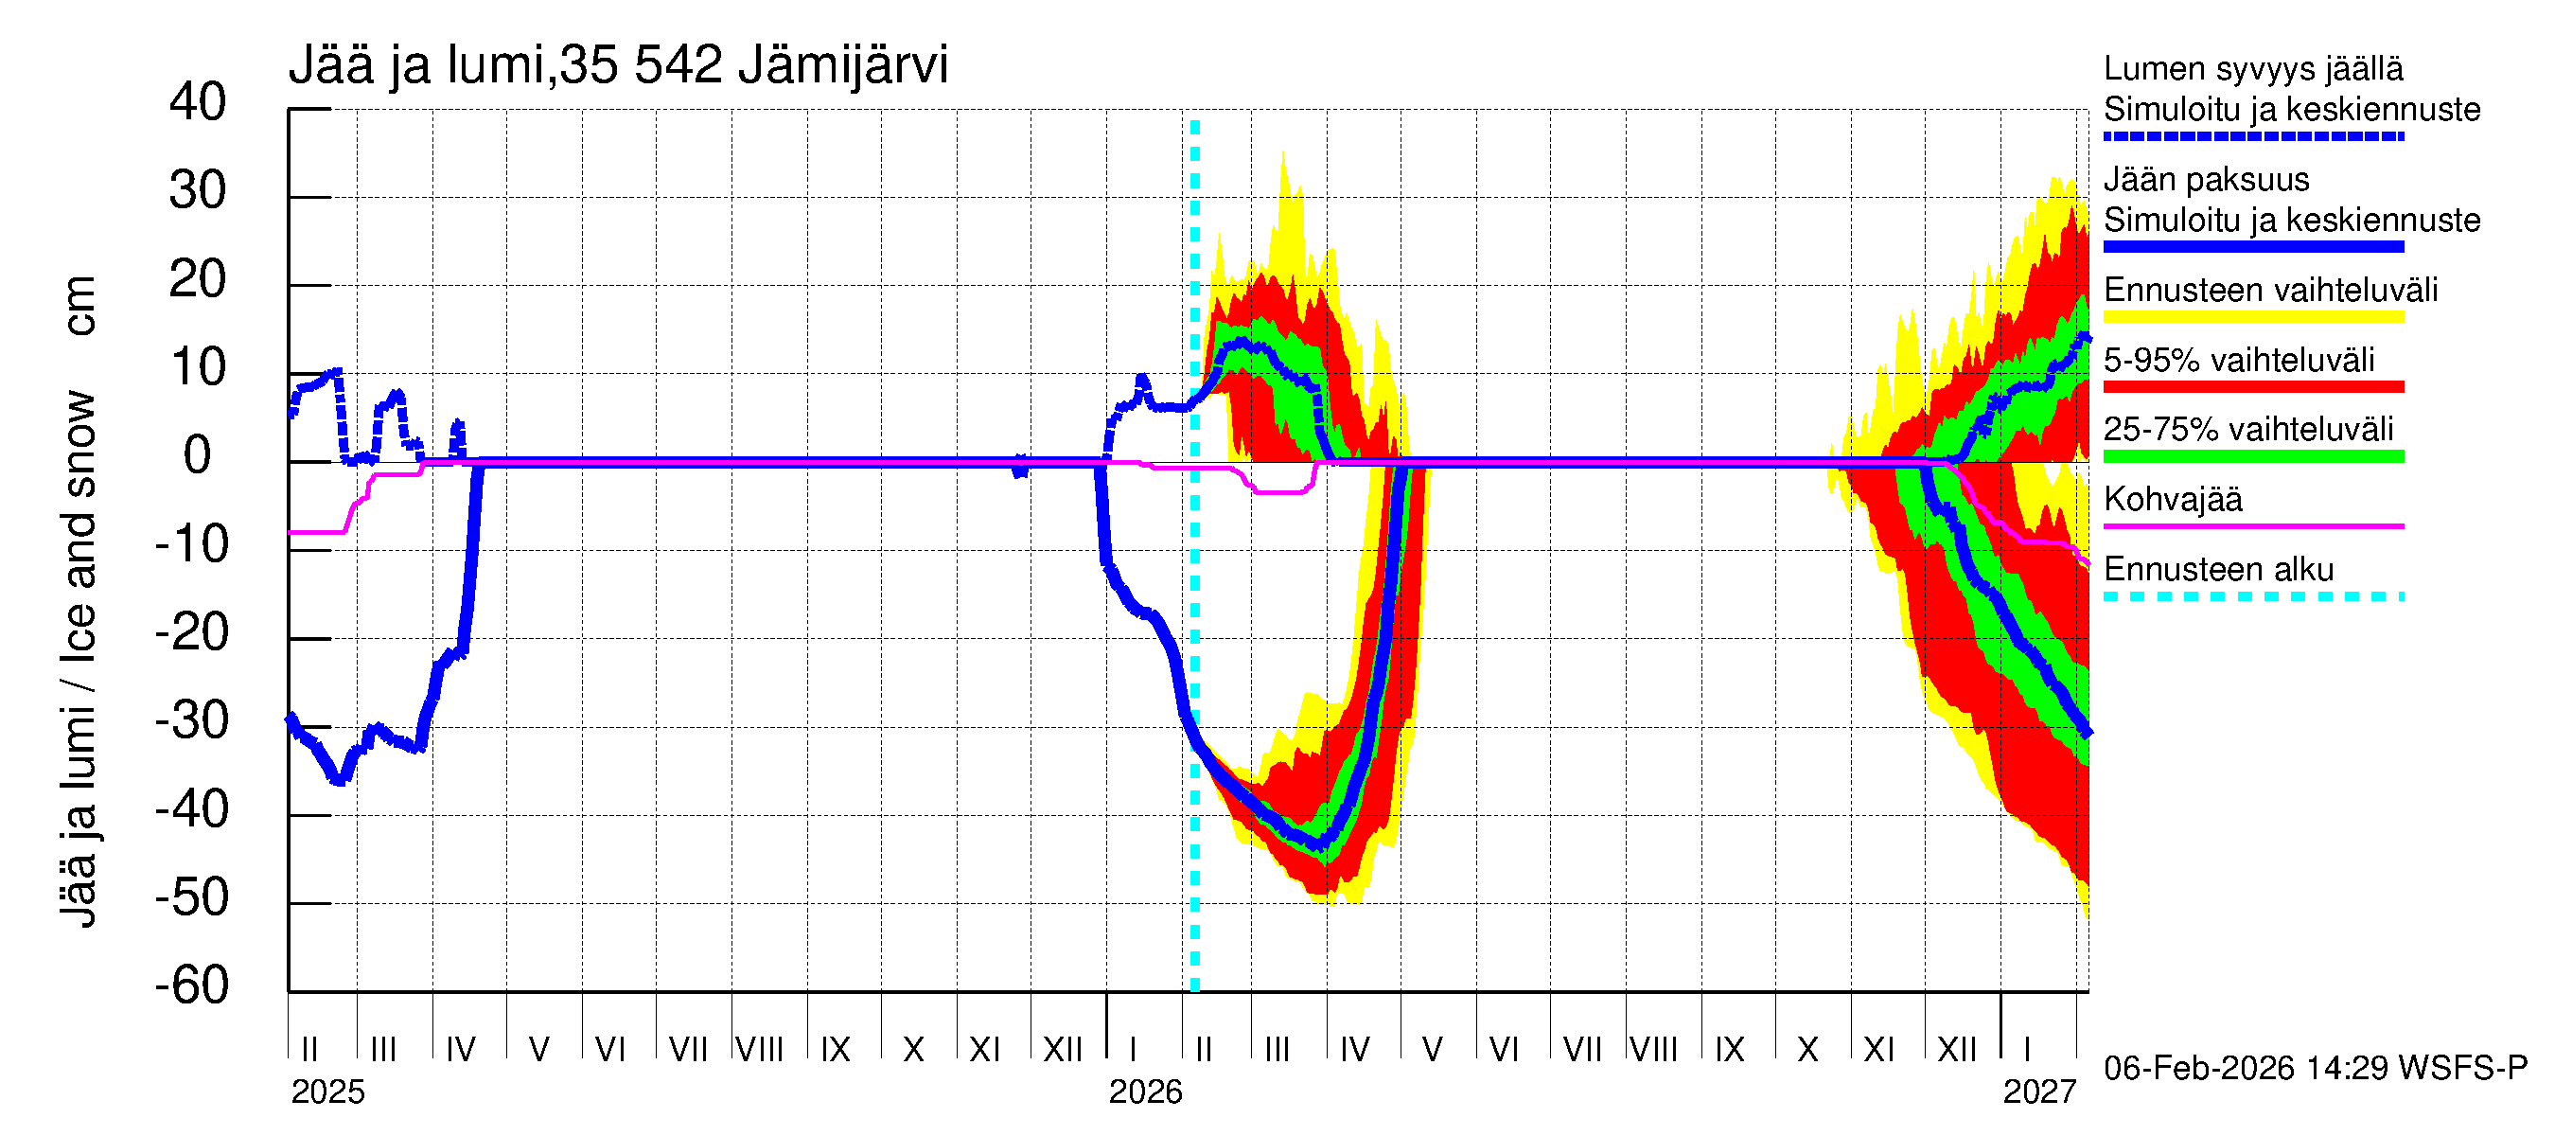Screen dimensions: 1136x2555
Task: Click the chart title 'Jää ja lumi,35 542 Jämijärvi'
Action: coord(617,65)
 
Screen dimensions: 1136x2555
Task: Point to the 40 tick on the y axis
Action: coord(198,102)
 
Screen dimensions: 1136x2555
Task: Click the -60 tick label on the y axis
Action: coord(191,985)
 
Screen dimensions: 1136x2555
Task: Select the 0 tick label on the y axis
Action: coord(198,455)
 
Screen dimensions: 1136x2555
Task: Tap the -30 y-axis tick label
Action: coord(191,720)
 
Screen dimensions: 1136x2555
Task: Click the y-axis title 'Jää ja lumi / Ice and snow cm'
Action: coord(79,600)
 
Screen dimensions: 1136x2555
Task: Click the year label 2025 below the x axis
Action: coord(327,1092)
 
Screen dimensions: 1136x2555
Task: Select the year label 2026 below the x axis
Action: coord(1145,1092)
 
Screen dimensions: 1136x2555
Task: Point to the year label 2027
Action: coord(2038,1092)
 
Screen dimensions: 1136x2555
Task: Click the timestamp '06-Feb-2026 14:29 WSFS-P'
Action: coord(2315,1069)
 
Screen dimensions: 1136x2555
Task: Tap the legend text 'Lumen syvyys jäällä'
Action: coord(2252,68)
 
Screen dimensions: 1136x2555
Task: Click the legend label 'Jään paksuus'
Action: coord(2206,180)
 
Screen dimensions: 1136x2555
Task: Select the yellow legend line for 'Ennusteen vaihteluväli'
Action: coord(2252,317)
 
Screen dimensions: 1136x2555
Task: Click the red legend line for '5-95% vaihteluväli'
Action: coord(2252,387)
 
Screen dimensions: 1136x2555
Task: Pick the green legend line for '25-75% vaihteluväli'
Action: coord(2252,456)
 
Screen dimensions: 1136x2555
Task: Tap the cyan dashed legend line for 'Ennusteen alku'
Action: coord(2252,596)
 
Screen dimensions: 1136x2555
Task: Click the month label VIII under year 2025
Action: coord(760,1050)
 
